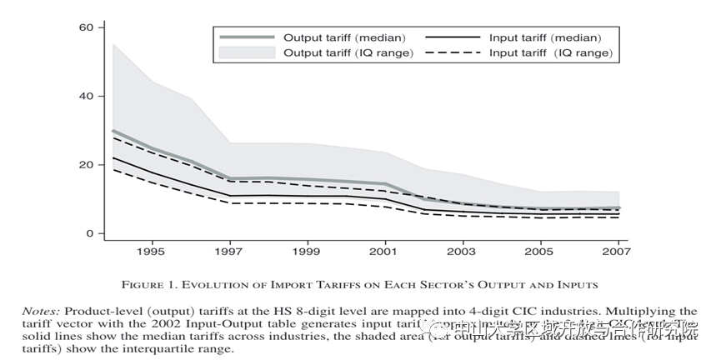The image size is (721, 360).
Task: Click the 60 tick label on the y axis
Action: coord(85,27)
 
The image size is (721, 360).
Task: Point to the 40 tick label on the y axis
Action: coord(85,96)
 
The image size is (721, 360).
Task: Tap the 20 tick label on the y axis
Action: coord(85,165)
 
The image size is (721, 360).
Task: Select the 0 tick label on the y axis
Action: coord(88,234)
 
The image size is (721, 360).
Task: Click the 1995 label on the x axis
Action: coord(150,251)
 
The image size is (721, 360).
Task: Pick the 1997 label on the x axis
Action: coord(229,251)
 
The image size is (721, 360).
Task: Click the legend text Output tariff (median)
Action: coord(344,37)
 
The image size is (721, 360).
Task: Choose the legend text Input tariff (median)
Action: coord(545,37)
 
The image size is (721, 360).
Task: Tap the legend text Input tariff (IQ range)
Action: coord(550,53)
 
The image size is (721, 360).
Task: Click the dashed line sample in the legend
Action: coord(453,53)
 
